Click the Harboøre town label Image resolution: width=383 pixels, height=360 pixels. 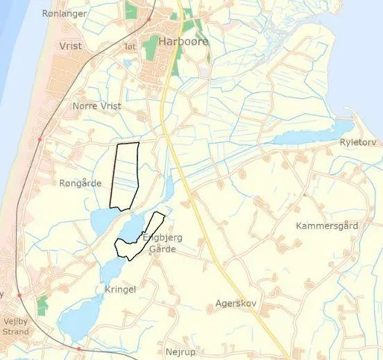click(x=183, y=42)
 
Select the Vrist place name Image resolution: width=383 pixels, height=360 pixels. click(x=71, y=46)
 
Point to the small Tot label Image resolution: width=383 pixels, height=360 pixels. click(x=129, y=47)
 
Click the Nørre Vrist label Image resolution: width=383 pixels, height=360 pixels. click(x=96, y=106)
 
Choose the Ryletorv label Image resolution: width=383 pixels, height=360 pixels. click(x=357, y=142)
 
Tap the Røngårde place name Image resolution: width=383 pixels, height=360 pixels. click(x=80, y=184)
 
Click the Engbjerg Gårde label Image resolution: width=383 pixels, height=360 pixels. click(x=162, y=243)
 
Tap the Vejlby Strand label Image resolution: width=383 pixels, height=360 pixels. click(x=15, y=326)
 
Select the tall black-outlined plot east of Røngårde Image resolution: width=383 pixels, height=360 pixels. click(x=126, y=175)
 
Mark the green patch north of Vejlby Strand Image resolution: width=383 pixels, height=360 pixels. click(x=43, y=304)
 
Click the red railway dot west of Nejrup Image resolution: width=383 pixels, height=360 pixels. click(x=80, y=348)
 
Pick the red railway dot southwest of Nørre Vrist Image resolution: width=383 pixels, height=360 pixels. click(x=40, y=139)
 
